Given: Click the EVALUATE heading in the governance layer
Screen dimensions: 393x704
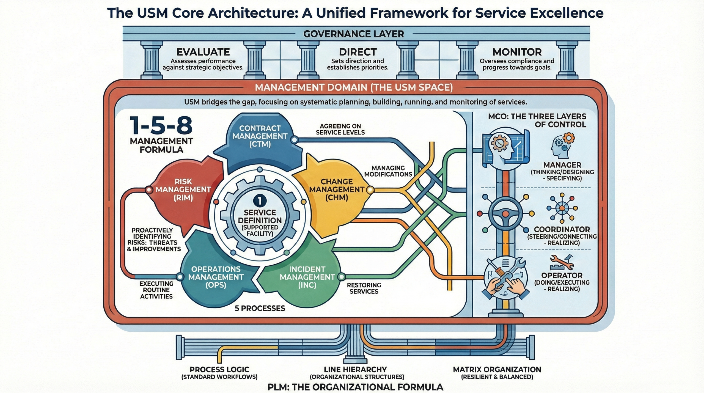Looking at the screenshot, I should (x=203, y=52).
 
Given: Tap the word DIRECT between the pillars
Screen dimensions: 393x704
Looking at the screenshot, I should (x=358, y=52).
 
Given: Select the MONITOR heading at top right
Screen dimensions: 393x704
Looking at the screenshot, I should (x=517, y=52).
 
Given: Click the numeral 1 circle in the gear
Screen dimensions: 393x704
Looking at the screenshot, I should (x=259, y=201).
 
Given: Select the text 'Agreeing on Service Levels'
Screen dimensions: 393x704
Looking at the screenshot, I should (x=340, y=129).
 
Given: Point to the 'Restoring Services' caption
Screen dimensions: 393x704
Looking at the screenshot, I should (x=364, y=288).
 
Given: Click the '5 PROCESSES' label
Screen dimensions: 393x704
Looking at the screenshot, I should (x=260, y=308).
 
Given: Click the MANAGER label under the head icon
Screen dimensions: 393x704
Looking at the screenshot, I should (x=562, y=165).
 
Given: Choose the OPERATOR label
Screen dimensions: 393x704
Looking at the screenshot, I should (x=562, y=275).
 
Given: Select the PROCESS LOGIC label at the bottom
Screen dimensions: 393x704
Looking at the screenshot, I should (x=219, y=369).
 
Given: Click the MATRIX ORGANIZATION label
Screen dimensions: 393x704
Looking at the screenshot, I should (x=497, y=369).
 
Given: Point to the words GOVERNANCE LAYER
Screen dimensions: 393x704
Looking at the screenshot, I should (x=353, y=34).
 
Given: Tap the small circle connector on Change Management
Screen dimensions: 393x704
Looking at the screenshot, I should (x=370, y=189).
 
